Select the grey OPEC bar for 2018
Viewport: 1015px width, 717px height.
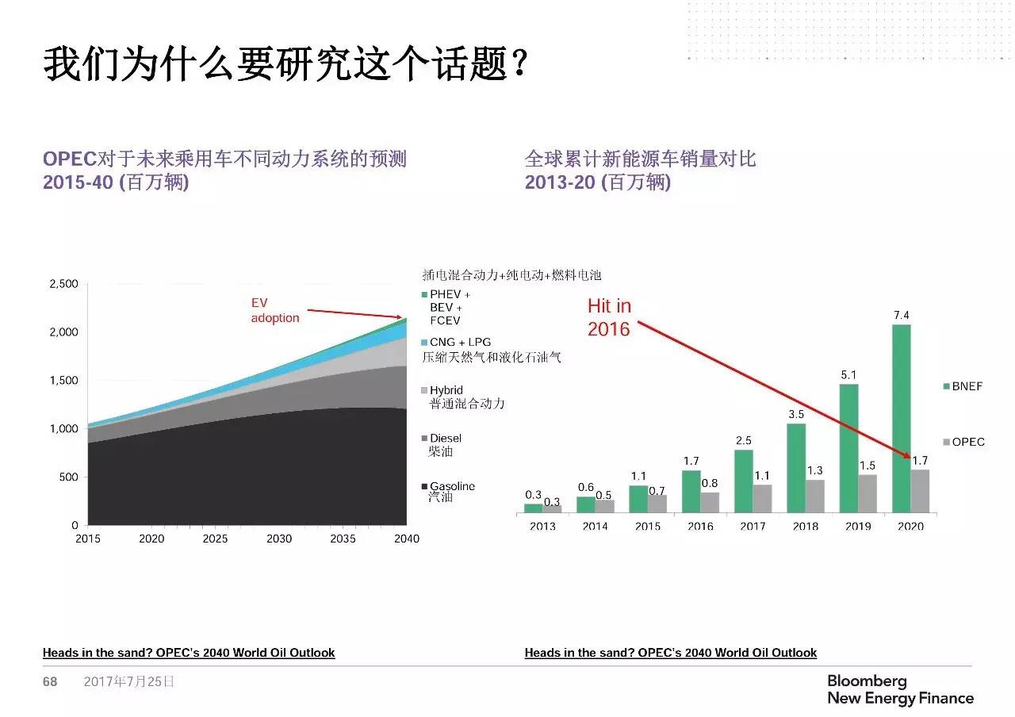tap(815, 496)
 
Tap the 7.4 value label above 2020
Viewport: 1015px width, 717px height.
tap(901, 315)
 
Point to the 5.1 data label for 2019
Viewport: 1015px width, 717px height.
tap(848, 374)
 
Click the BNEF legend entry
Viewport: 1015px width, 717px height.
tap(962, 386)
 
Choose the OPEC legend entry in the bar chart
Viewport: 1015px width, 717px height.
tap(963, 442)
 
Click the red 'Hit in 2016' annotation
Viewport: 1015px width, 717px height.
tap(609, 317)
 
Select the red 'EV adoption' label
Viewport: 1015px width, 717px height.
tap(274, 310)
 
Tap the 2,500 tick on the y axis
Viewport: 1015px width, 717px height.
tap(63, 284)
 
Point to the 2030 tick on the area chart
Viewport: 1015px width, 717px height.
tap(279, 539)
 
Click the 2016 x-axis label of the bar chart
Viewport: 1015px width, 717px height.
tap(700, 526)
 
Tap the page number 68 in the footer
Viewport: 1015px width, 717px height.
tap(50, 681)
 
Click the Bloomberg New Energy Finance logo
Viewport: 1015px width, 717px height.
tap(899, 689)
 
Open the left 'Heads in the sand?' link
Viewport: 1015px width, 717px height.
tap(189, 653)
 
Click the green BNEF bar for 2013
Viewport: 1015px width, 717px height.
tap(533, 508)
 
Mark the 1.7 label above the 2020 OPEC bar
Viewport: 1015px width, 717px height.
tap(920, 460)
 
